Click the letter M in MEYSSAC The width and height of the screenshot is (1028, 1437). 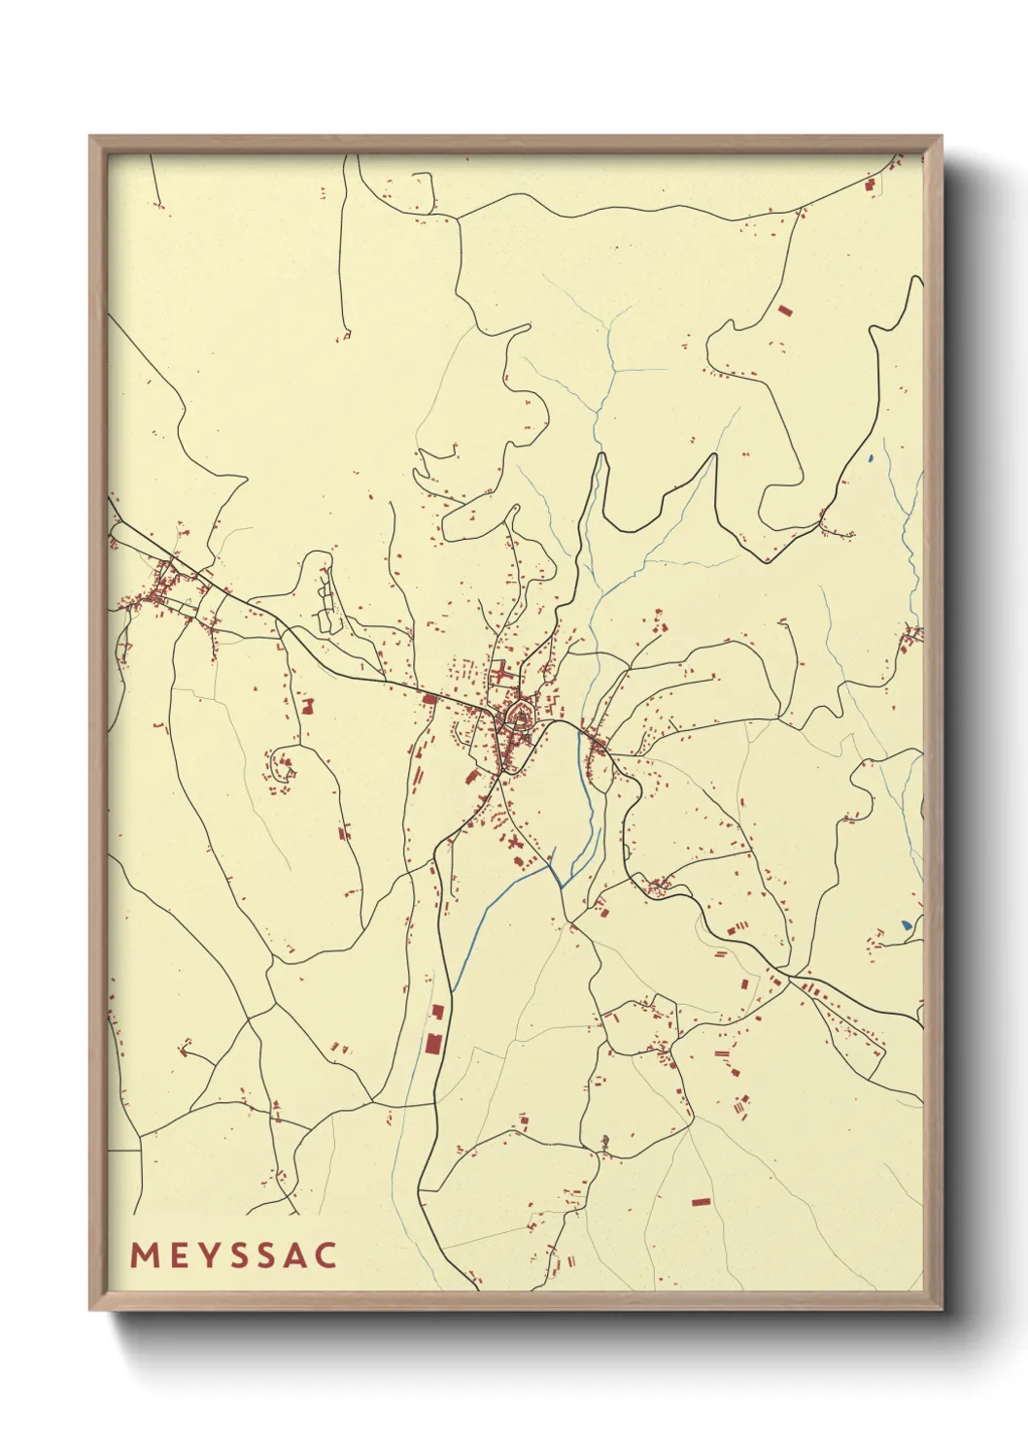click(144, 1254)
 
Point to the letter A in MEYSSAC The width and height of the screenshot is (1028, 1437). click(298, 1254)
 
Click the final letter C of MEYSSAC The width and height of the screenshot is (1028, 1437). click(327, 1254)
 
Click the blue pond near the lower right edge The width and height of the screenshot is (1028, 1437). click(906, 925)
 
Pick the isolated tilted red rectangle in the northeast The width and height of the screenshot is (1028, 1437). click(785, 311)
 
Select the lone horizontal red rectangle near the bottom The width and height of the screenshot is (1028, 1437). click(701, 1202)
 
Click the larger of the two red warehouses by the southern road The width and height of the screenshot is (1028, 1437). click(432, 1045)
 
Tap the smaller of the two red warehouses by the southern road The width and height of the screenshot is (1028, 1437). click(437, 1012)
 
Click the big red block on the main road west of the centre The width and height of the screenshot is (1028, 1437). click(429, 698)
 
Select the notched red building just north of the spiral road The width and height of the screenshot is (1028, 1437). click(308, 706)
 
